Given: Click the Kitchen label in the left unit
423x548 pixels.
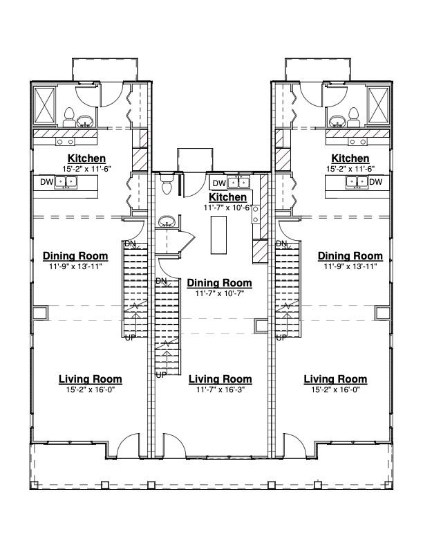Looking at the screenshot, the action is [x=86, y=158].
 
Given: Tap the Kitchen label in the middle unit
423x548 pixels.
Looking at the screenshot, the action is [x=227, y=197].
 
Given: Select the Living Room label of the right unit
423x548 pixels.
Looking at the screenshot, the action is [x=335, y=379].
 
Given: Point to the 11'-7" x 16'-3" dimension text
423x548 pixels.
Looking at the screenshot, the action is [x=220, y=390].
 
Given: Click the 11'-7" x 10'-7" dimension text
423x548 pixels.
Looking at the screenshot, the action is [x=220, y=293].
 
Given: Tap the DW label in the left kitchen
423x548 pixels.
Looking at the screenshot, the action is [x=47, y=182].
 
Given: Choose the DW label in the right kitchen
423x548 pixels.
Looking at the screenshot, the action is [x=375, y=182].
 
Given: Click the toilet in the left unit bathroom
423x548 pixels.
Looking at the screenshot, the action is [x=69, y=118].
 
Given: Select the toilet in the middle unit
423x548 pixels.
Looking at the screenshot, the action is [x=167, y=183].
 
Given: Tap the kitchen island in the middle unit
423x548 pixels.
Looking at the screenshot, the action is [x=218, y=235].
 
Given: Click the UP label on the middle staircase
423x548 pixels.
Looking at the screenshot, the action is [x=161, y=375].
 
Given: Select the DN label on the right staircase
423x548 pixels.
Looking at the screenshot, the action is [x=281, y=244].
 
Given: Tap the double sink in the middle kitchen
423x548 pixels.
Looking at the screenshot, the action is [x=238, y=183].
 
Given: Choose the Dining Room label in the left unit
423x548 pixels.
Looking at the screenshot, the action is [x=75, y=256].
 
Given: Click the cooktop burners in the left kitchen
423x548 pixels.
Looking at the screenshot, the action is [x=65, y=142].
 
